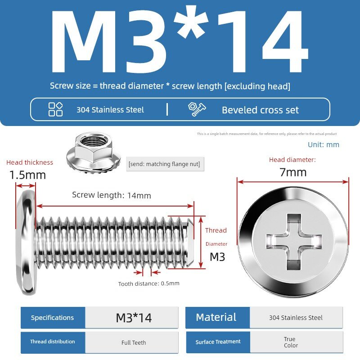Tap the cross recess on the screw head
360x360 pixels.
294,242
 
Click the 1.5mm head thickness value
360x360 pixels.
27,175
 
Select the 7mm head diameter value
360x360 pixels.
293,172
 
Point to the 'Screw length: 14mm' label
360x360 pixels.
112,195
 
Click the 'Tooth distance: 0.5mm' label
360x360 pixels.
149,283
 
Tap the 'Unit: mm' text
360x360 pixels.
324,144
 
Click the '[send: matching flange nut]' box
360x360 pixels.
165,164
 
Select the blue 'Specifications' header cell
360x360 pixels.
53,318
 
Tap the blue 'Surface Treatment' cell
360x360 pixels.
218,342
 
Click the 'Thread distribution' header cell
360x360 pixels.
53,342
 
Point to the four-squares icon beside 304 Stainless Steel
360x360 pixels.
55,109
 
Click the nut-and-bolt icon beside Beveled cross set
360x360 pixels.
197,109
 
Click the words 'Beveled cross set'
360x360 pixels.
261,110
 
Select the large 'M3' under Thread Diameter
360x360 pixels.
217,256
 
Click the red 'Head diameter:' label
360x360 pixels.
292,160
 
